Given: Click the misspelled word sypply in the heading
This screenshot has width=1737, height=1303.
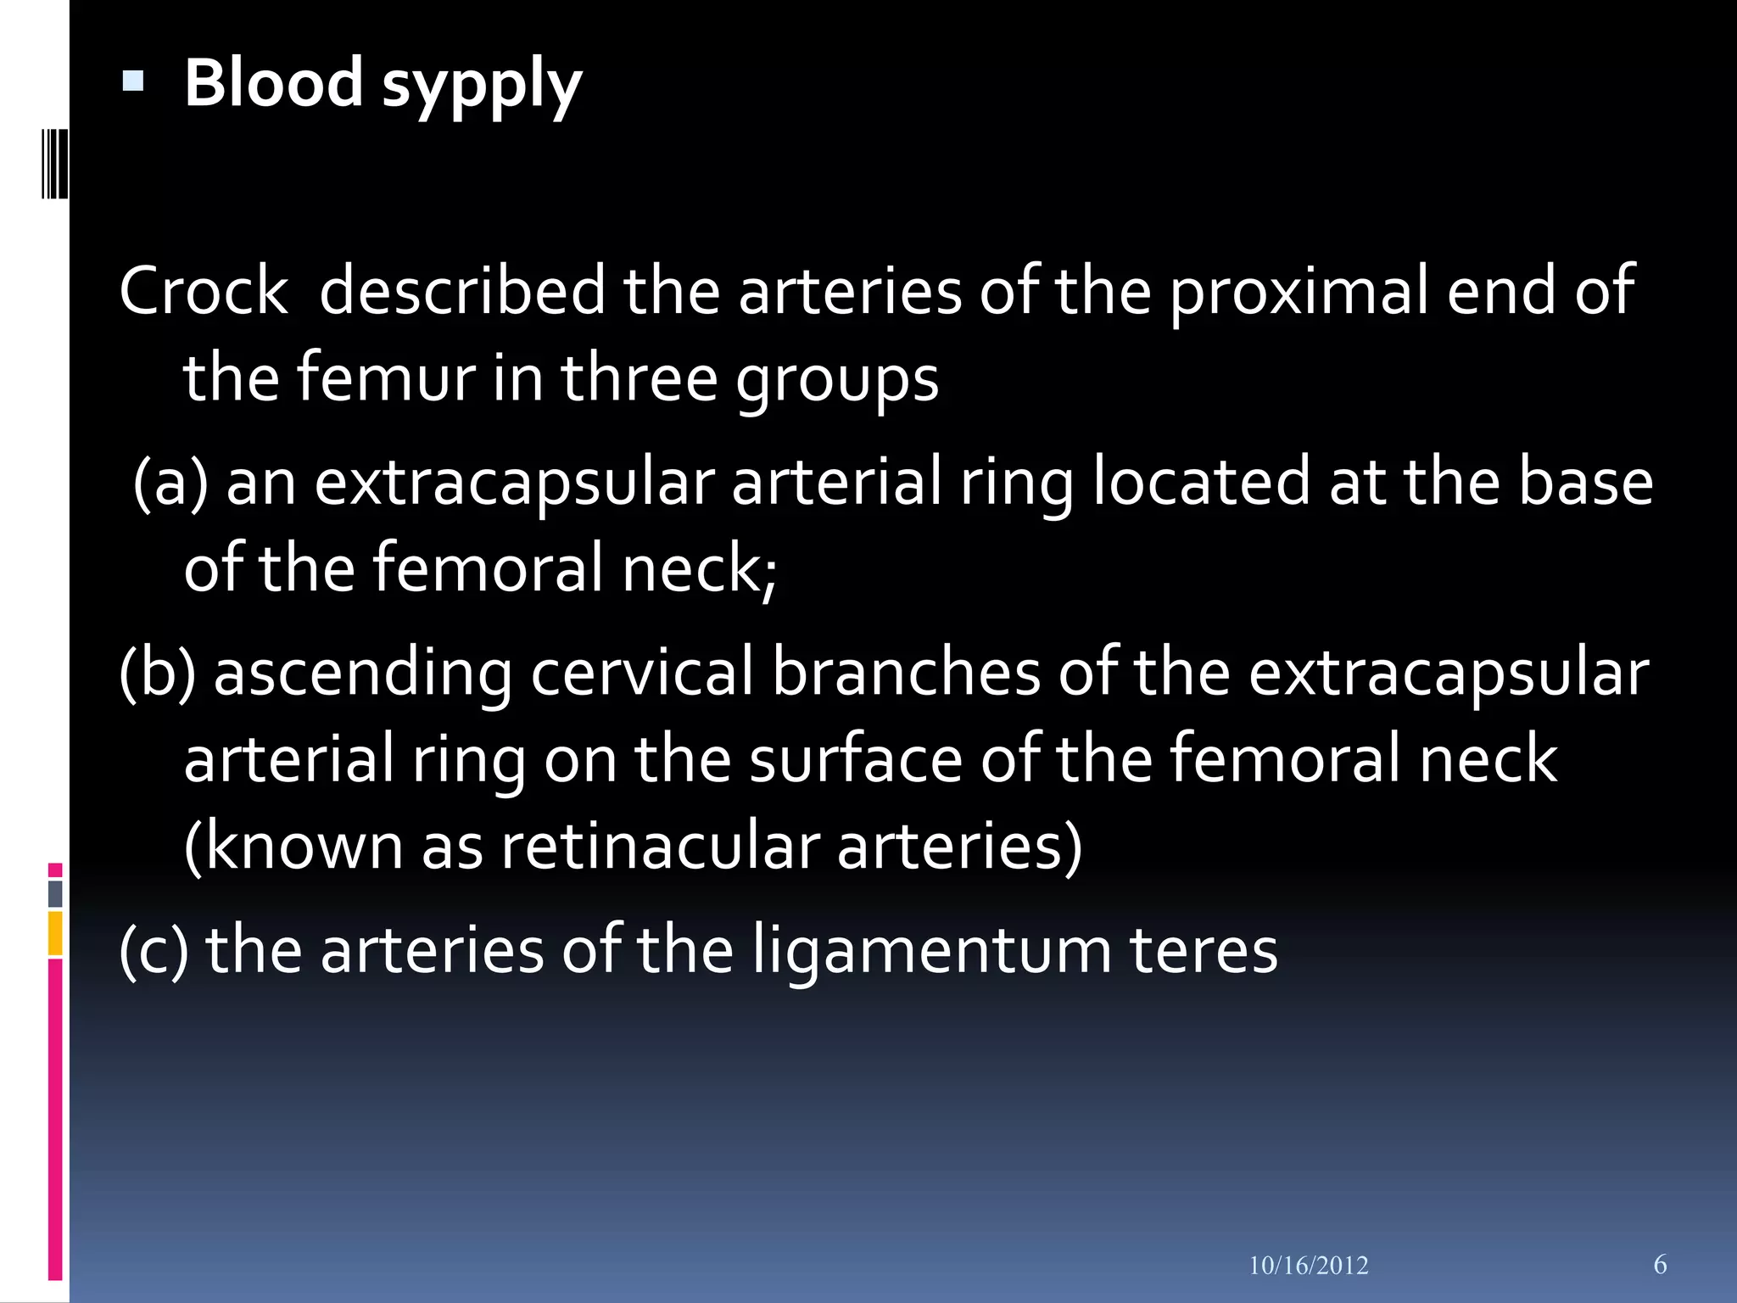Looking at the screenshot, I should click(481, 85).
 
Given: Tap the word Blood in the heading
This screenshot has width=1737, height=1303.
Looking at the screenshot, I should click(273, 82).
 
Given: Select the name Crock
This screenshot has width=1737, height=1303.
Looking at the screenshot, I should click(204, 291).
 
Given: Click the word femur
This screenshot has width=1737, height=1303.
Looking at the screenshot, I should click(386, 378).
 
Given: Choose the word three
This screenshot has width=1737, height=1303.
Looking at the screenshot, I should click(639, 378).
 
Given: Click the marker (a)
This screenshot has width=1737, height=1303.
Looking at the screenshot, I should click(170, 482).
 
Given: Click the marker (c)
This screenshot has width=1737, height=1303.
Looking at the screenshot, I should click(154, 951).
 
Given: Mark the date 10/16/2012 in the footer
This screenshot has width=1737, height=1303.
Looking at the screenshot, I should click(1308, 1266).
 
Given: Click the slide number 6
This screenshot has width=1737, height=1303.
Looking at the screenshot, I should click(1660, 1264).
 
